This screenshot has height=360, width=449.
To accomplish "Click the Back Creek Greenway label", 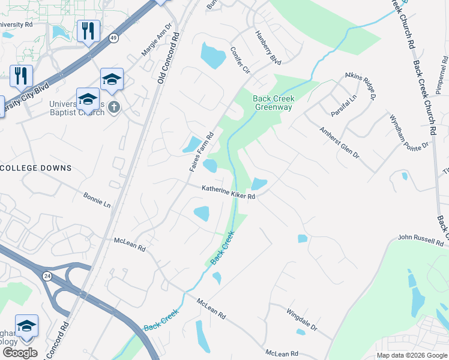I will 273,103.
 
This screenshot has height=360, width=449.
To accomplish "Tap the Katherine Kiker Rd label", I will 229,192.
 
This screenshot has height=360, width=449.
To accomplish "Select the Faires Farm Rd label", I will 202,152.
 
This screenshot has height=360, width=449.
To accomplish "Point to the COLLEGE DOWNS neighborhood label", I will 36,168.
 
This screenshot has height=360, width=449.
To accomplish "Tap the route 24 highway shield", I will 47,275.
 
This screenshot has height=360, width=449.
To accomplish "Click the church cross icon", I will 115,108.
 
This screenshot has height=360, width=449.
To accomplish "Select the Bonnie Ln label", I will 97,200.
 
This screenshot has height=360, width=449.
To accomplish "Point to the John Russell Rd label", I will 420,241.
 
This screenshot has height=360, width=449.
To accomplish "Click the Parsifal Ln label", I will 343,106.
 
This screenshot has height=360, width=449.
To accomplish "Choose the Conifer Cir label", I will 239,60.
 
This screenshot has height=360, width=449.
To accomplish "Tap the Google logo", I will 19,353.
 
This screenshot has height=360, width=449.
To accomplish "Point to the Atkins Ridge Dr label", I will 360,85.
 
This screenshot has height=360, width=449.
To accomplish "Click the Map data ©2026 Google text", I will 412,355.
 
